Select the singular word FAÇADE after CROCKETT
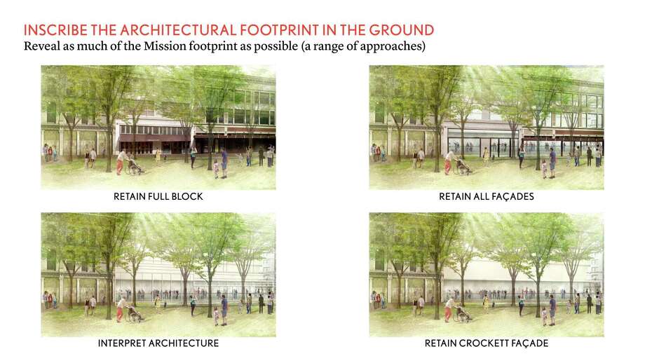point(529,344)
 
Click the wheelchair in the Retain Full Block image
point(135,168)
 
